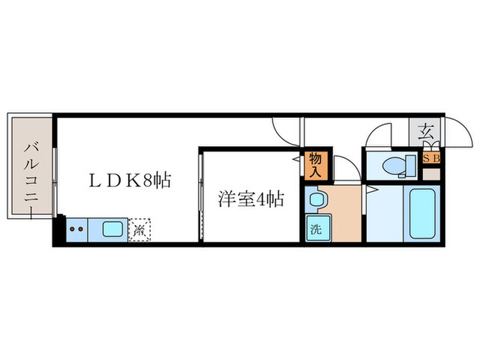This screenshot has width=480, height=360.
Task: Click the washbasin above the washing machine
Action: click(x=316, y=201)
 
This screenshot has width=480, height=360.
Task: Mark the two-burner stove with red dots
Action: click(x=77, y=228)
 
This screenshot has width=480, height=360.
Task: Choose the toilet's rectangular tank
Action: click(x=411, y=165)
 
